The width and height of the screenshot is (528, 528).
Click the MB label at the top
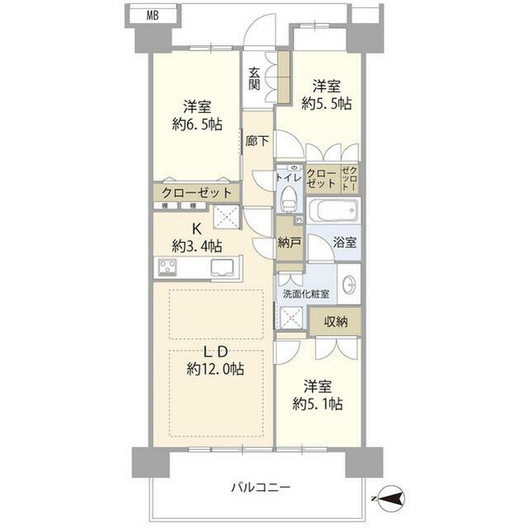coord(153,16)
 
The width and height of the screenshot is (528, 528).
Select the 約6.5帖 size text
coord(197,125)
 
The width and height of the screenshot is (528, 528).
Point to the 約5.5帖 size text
coord(327,103)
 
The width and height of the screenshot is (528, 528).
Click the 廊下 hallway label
coord(257,141)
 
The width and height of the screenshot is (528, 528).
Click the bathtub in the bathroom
coord(333,210)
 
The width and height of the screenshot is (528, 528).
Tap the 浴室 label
coord(345,242)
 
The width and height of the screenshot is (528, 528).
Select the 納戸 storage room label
coord(289,242)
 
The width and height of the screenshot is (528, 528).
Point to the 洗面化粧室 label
coord(305,294)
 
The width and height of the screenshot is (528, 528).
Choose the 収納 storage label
coord(336,322)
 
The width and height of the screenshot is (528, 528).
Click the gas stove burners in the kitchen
coord(167,266)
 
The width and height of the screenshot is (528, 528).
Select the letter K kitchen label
coord(196,229)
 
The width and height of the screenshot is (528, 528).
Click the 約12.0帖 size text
coord(215,370)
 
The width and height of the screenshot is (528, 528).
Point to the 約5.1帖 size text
coord(318,403)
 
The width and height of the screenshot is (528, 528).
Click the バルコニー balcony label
coord(261,488)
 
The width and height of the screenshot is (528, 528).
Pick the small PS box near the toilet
coord(299,220)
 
